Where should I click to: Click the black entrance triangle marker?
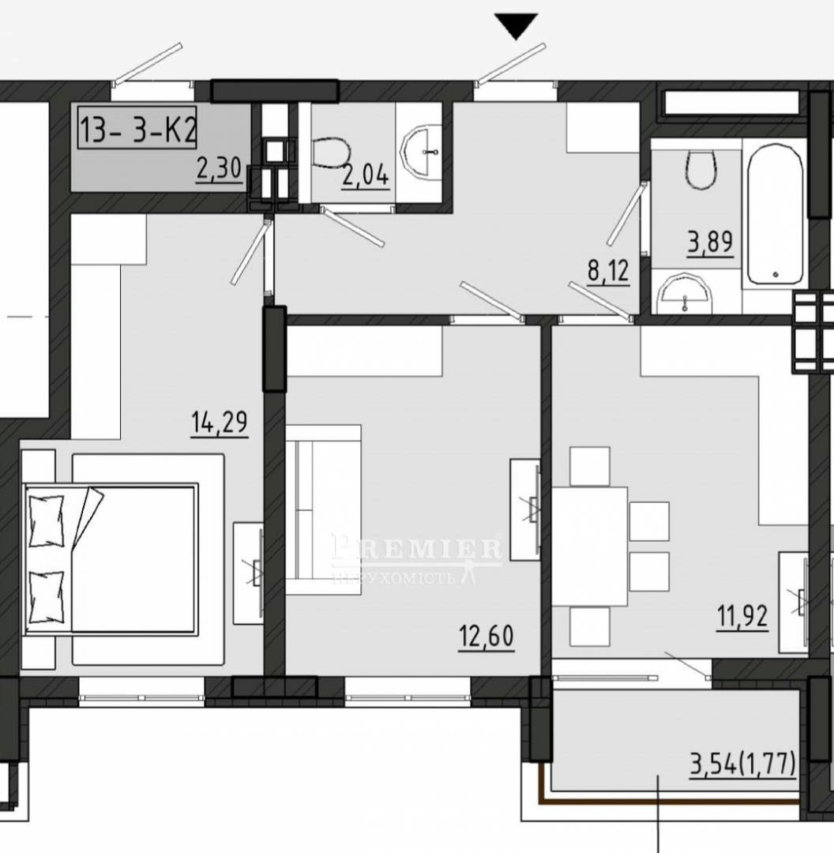[516, 24]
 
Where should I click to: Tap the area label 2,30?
[219, 169]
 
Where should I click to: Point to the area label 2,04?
[366, 175]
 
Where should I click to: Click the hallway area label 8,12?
[608, 271]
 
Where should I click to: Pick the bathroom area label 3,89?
[711, 242]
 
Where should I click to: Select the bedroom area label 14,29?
[220, 423]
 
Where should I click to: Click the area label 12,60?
[486, 637]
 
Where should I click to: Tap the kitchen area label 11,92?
[742, 617]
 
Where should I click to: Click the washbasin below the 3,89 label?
[685, 294]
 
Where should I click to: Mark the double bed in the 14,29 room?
[111, 558]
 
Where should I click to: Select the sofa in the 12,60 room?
[323, 509]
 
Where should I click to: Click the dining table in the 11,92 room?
[590, 547]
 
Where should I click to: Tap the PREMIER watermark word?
[417, 548]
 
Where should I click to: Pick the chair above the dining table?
[590, 466]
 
